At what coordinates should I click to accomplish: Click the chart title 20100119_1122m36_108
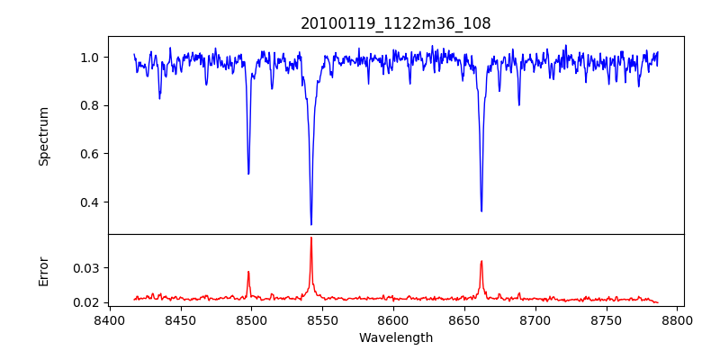coord(396,23)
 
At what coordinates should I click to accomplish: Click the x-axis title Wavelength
coord(396,337)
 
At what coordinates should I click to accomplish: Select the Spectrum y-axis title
coord(44,136)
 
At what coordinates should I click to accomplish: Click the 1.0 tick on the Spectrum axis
coord(90,58)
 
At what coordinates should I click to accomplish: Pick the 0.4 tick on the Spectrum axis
coord(90,202)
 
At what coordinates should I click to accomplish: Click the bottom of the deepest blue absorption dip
coord(311,225)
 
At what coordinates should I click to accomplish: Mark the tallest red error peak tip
coord(311,238)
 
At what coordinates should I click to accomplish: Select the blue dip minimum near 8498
coord(248,174)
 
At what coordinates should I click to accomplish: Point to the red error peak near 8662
coord(481,261)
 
